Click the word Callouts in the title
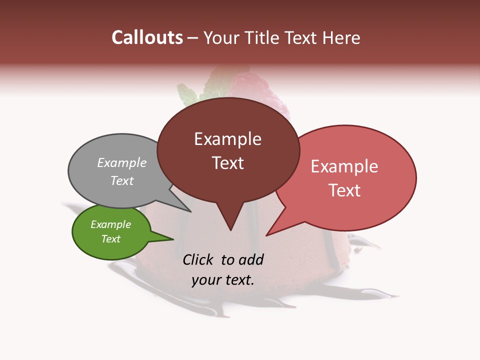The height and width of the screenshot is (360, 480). click(147, 37)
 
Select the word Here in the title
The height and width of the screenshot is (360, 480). click(341, 37)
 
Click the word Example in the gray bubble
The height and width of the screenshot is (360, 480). click(122, 162)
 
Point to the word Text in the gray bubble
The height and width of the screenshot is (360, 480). click(122, 180)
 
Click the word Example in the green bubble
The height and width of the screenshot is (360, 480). click(111, 224)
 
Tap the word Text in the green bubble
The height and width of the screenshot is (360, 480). click(111, 239)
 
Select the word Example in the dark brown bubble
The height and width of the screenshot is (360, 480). click(227, 139)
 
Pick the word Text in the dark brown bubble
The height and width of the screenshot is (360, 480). click(227, 163)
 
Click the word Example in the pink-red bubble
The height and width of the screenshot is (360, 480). click(344, 166)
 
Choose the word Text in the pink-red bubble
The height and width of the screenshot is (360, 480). click(344, 190)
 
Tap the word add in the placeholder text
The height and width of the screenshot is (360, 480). click(251, 259)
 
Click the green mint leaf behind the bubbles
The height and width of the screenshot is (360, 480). click(187, 95)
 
